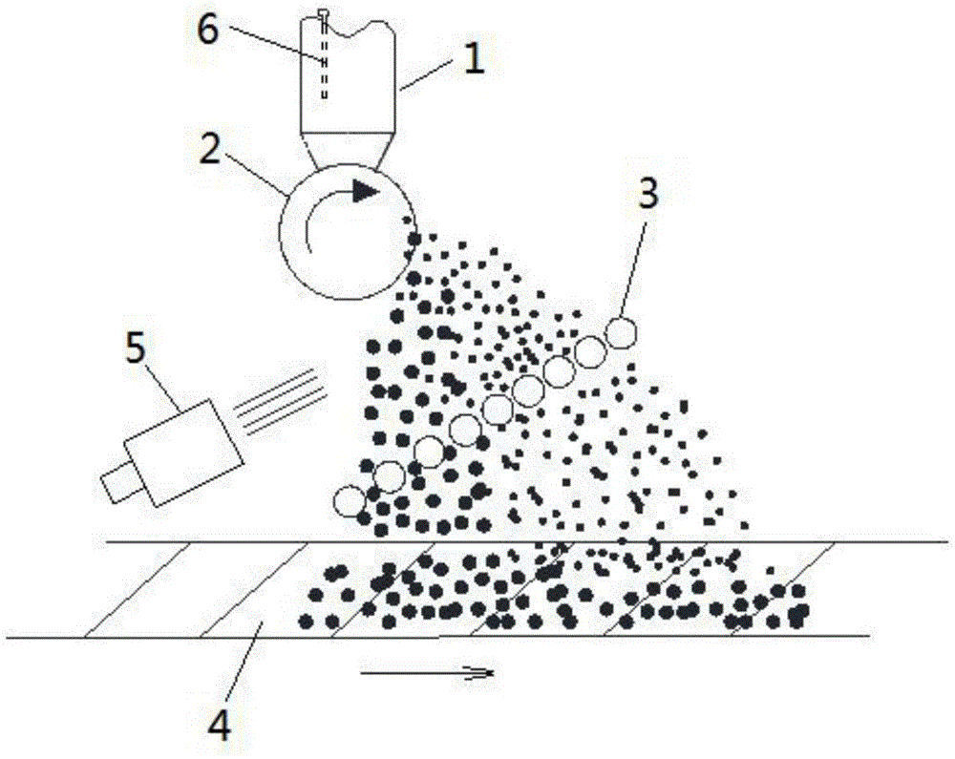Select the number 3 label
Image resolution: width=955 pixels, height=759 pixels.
(648, 196)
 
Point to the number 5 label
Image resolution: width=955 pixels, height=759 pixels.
(137, 348)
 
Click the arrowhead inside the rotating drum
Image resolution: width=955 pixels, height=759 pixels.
(364, 191)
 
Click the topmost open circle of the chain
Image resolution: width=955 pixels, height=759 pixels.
(622, 331)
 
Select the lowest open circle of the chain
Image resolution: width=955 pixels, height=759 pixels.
(350, 500)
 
